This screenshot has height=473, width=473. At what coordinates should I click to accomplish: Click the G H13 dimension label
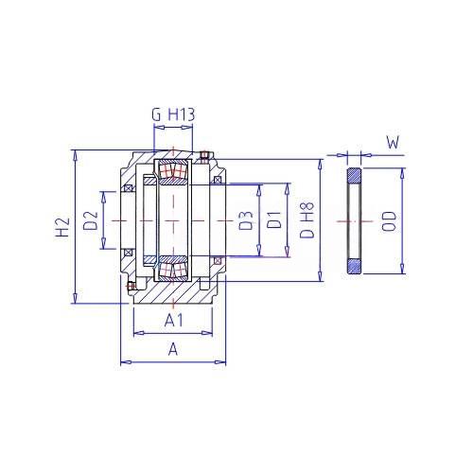(x=173, y=114)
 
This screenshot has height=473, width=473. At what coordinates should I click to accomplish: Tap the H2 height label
(x=62, y=227)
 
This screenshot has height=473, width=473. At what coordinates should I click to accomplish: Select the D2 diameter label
(x=91, y=220)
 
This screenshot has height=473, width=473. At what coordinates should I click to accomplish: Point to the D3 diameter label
(x=246, y=220)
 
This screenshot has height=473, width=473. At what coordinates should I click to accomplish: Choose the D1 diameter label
(x=274, y=220)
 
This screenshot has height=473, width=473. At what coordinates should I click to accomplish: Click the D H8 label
(x=307, y=219)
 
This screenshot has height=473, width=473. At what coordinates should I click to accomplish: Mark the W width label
(x=393, y=143)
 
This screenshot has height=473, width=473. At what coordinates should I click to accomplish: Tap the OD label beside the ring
(x=389, y=221)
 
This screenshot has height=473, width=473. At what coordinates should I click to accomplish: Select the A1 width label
(x=174, y=321)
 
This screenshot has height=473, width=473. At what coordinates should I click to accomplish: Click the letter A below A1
(x=173, y=349)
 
